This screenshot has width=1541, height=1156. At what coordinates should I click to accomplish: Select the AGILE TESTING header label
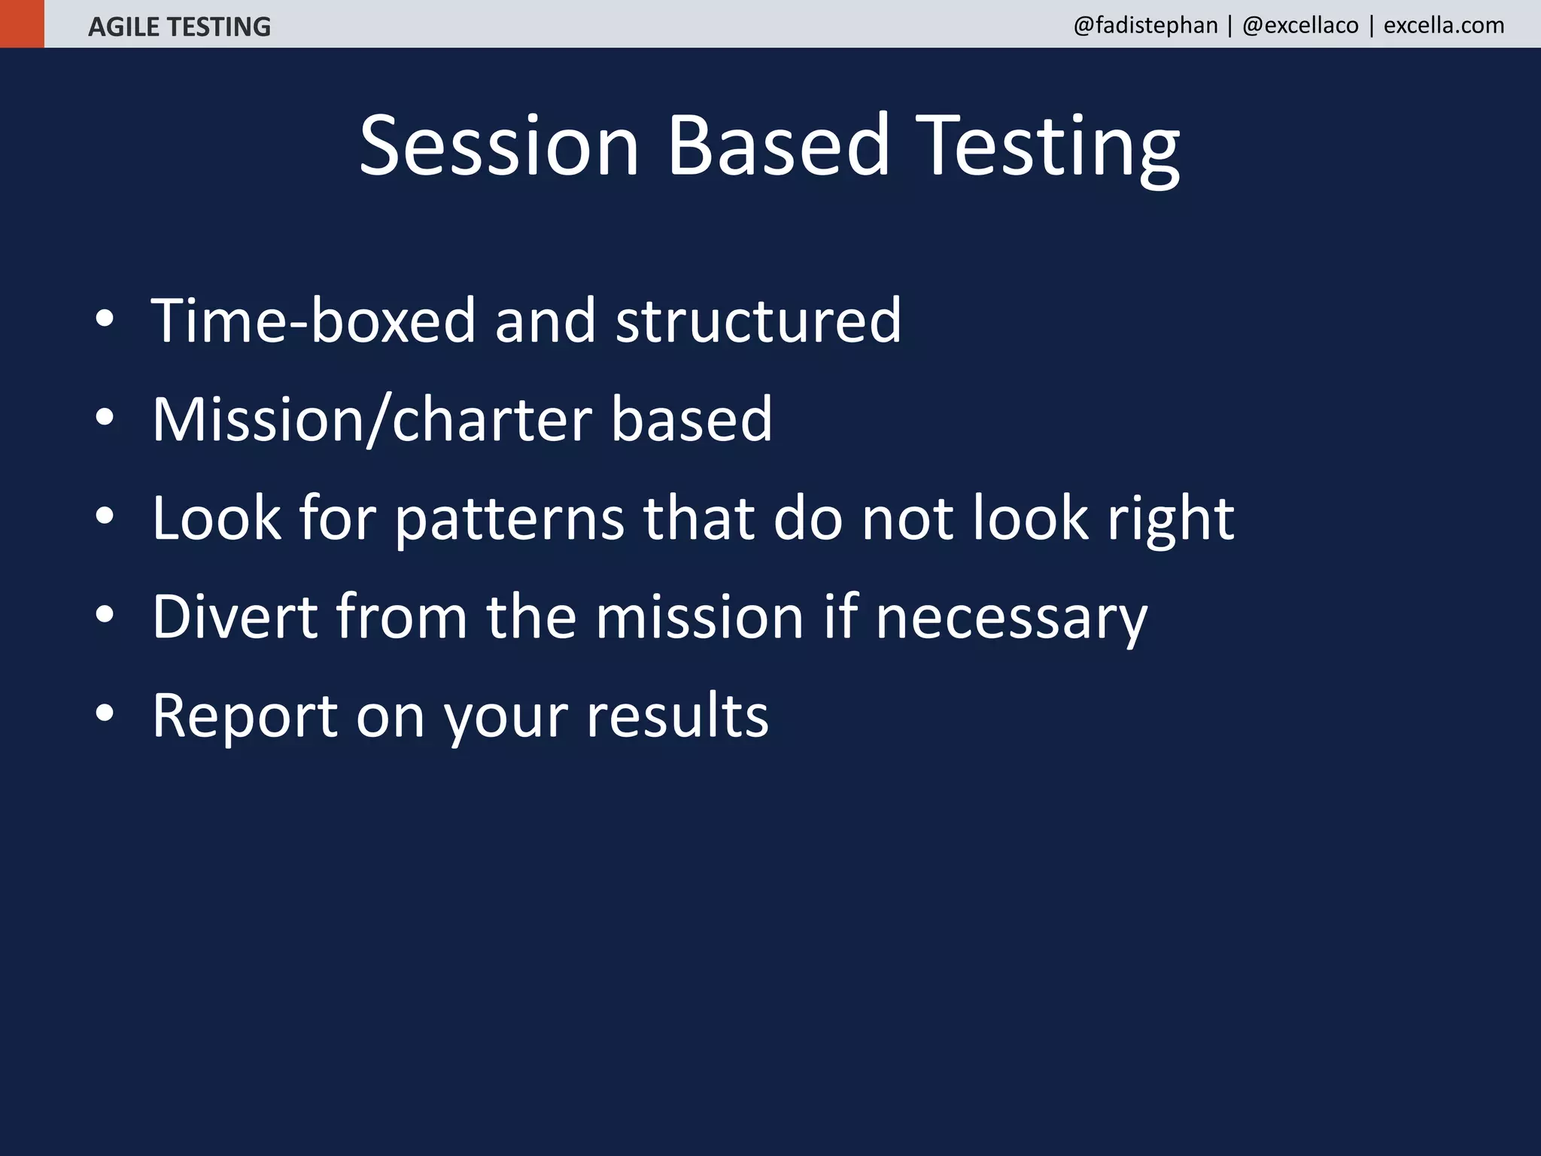click(x=179, y=27)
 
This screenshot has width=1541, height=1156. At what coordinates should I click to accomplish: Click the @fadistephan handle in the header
click(x=1145, y=26)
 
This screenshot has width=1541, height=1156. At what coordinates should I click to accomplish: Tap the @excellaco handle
click(x=1300, y=26)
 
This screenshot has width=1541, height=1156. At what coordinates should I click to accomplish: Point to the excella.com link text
click(x=1444, y=26)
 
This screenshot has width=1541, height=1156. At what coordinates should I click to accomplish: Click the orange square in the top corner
click(x=22, y=23)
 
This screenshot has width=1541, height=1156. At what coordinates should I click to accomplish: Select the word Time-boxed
click(x=313, y=321)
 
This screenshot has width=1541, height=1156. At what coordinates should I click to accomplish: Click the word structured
click(x=758, y=321)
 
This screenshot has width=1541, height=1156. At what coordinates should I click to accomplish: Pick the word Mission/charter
click(x=371, y=419)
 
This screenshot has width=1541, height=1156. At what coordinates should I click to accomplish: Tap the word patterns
click(x=509, y=519)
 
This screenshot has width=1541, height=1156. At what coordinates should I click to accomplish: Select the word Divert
click(x=235, y=617)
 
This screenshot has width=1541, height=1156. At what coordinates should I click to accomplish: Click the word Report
click(x=245, y=716)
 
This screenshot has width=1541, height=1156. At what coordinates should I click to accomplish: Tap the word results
click(x=677, y=716)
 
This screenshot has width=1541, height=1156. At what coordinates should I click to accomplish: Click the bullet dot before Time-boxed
click(x=105, y=319)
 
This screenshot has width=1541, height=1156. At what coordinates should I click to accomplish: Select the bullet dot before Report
click(x=105, y=713)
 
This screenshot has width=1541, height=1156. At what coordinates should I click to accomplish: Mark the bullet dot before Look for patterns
click(x=105, y=516)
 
